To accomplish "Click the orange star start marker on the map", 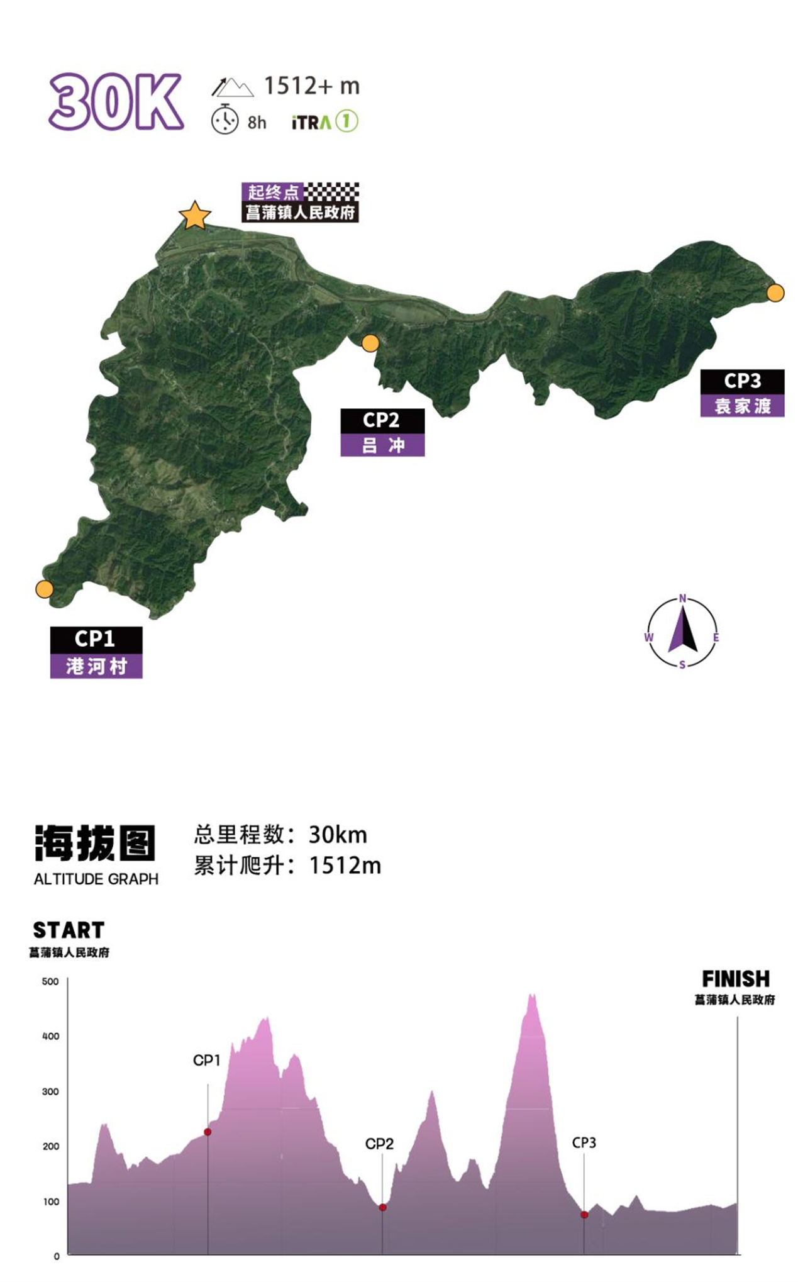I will point(195,216).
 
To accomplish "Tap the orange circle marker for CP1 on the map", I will point(45,589).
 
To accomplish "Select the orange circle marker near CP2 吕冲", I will point(370,343).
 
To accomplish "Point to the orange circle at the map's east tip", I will point(775,293).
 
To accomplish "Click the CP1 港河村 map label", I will point(96,652).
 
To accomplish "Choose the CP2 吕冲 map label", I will point(382,432).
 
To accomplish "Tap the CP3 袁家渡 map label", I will point(742,393).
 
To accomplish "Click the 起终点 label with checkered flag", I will point(300,192).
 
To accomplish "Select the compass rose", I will point(682,632).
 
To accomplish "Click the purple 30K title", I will point(116,102).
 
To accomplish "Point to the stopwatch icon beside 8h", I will point(224,120).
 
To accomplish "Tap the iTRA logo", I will point(324,121).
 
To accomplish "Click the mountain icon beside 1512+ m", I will point(232,87).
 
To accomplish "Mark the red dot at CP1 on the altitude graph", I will point(208,1132).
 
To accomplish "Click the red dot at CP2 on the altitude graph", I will point(382,1207).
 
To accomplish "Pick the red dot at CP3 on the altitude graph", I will point(584,1215).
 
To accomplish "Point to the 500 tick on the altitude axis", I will point(50,981).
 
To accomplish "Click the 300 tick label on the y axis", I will point(50,1091).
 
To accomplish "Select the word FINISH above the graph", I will point(736,979).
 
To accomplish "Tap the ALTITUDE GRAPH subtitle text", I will point(96,879).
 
